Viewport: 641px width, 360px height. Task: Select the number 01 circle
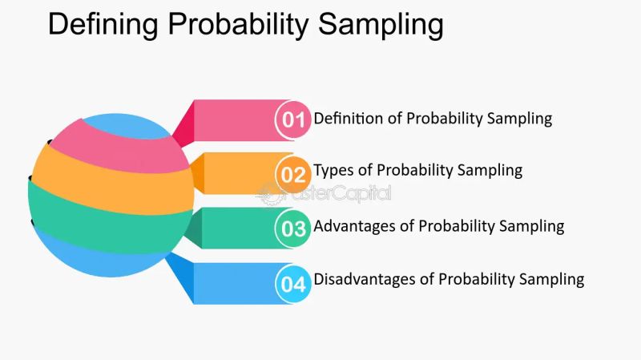point(294,119)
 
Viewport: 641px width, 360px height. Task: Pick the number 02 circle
point(294,174)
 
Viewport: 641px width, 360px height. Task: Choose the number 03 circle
point(294,229)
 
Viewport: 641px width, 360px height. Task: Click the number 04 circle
point(294,283)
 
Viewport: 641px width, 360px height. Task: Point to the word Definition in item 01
point(348,119)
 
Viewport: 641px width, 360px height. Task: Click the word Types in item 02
point(333,170)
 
